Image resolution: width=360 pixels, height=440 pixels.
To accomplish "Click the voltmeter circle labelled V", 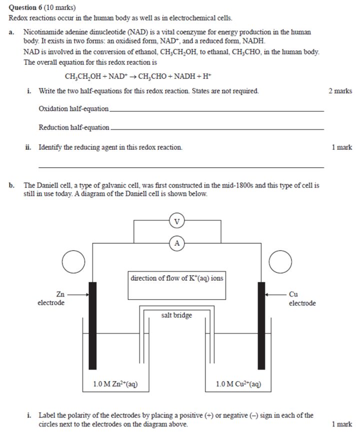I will click(176, 220).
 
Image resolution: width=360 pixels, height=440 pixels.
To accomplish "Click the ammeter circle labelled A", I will click(176, 243).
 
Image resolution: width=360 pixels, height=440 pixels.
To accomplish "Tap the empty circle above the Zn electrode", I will click(73, 263).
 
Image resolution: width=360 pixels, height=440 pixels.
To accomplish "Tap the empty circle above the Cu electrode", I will click(280, 263).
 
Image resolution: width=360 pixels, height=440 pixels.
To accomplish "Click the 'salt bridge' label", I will click(176, 315).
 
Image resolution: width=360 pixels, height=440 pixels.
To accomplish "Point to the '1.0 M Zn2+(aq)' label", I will click(115, 384).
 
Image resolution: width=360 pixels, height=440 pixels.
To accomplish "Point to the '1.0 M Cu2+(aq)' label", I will click(238, 384).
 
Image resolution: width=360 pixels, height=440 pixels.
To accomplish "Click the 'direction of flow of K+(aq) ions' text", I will click(176, 278).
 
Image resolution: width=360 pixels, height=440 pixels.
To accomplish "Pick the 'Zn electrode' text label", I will click(51, 299).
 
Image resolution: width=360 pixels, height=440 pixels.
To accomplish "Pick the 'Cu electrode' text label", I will click(302, 299).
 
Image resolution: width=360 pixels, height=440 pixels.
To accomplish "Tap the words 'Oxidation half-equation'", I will click(73, 109).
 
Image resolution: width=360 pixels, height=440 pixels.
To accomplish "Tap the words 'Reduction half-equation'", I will click(74, 127).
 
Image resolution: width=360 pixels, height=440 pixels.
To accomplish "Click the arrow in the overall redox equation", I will click(131, 77).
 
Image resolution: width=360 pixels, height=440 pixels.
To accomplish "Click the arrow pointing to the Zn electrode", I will click(79, 295).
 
